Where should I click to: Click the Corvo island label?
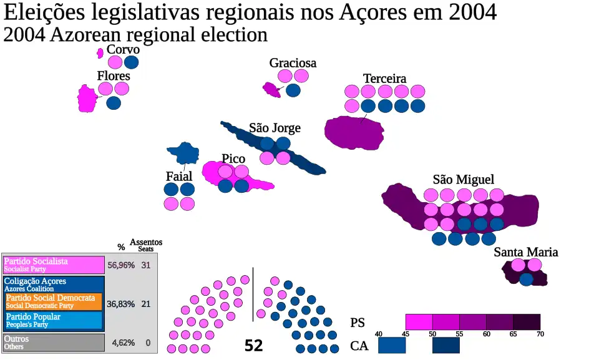coord(123,49)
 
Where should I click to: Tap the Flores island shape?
coord(87,99)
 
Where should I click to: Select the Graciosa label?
coord(293,63)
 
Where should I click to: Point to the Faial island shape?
coord(182,153)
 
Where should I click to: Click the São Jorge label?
coord(275,128)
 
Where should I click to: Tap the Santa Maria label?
coord(525,252)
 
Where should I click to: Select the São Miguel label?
coord(463,180)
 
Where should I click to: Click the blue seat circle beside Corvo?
coord(131,62)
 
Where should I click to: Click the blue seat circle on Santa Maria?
coord(527,279)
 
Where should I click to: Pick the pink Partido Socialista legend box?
coord(53,265)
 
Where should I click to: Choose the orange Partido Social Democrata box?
coord(54,301)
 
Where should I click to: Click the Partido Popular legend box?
coord(54,321)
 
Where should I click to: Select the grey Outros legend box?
coord(53,343)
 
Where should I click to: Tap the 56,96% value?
coord(121,265)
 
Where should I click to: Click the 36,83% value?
coord(121,304)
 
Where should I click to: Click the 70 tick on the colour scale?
coord(540,334)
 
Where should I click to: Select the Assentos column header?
coord(145,242)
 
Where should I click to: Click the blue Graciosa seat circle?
coord(293,90)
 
